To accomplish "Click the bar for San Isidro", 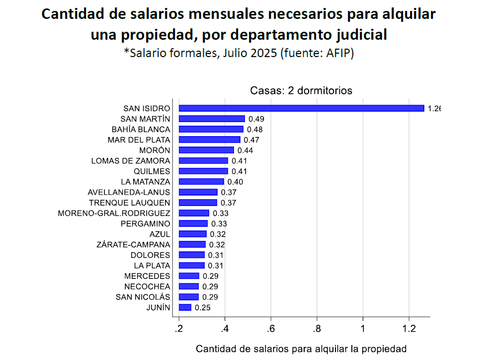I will [x=301, y=108].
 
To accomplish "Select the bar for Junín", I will [x=185, y=308].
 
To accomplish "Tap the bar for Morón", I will [x=206, y=150].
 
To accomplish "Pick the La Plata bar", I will [x=192, y=266].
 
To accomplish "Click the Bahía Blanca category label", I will [x=141, y=129].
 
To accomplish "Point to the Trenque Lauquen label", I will [x=129, y=203].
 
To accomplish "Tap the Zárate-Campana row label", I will [x=133, y=245].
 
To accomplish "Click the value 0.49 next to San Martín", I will [x=256, y=119].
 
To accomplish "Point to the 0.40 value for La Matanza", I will [x=235, y=182].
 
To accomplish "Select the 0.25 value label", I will [x=203, y=308].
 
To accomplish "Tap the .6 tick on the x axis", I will [x=271, y=329].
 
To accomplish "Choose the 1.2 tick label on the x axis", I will [x=409, y=329].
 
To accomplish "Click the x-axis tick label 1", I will [x=363, y=329].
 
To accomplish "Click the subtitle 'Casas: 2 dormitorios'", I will [x=301, y=91].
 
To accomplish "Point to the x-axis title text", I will [x=301, y=349].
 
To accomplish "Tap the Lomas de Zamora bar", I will [x=203, y=161].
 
